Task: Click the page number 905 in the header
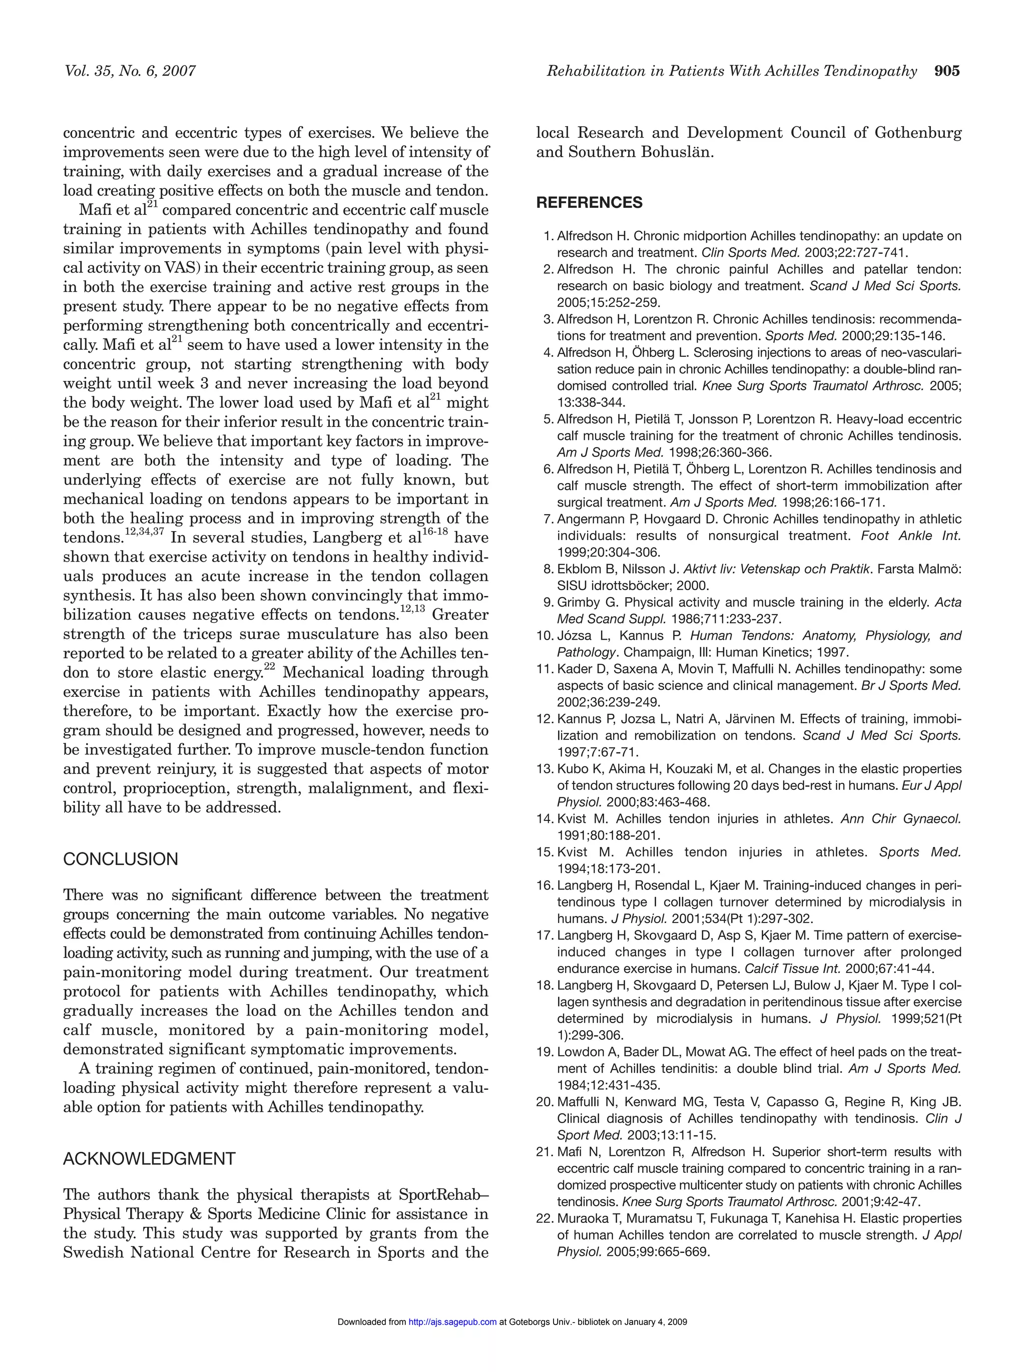click(x=946, y=72)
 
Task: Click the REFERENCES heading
click(x=589, y=203)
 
